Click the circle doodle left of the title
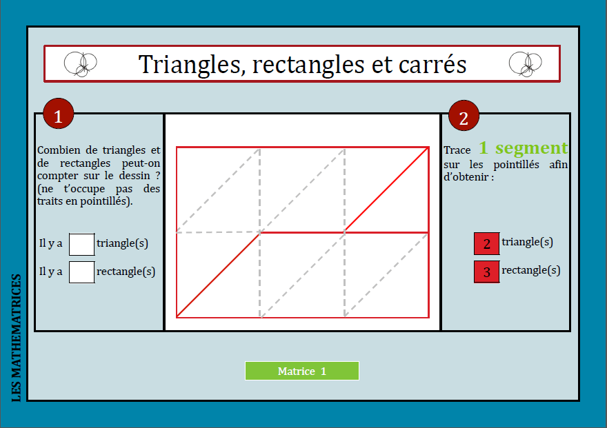coord(80,64)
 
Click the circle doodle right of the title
coord(525,64)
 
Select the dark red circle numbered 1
coord(58,116)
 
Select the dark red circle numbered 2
coord(464,117)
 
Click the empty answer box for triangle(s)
coord(82,244)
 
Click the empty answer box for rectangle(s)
coord(82,272)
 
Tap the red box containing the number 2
coord(486,244)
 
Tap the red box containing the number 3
coord(486,272)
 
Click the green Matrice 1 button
coord(301,371)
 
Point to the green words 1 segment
coord(523,148)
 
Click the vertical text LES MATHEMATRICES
coord(16,338)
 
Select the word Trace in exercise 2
coord(457,150)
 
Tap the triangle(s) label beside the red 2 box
coord(528,242)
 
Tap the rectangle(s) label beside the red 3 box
coord(530,270)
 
